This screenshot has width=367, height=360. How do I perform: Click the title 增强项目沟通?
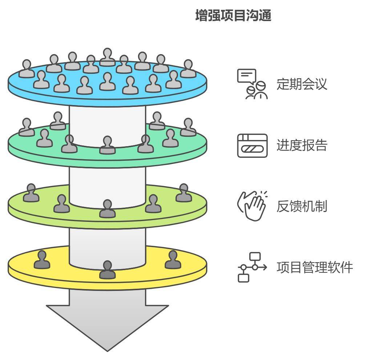pyautogui.click(x=233, y=16)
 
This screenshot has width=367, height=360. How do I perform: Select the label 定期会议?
pyautogui.click(x=302, y=84)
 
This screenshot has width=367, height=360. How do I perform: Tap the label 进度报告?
pyautogui.click(x=302, y=145)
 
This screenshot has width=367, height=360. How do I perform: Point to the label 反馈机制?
pyautogui.click(x=302, y=206)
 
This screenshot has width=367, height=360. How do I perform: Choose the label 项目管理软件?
pyautogui.click(x=314, y=267)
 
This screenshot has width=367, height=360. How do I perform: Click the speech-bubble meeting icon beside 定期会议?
pyautogui.click(x=252, y=84)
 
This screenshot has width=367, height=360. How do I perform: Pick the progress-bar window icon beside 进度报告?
pyautogui.click(x=252, y=145)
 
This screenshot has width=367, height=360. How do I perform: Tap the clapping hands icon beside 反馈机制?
pyautogui.click(x=252, y=205)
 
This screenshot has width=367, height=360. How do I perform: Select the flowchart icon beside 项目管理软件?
pyautogui.click(x=252, y=267)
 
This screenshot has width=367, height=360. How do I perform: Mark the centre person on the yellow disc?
pyautogui.click(x=107, y=270)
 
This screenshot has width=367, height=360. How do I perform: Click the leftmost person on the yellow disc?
pyautogui.click(x=42, y=260)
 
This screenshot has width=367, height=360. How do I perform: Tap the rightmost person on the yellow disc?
pyautogui.click(x=173, y=260)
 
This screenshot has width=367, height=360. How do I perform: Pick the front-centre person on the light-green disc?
pyautogui.click(x=107, y=209)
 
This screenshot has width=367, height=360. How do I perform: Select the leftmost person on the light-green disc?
pyautogui.click(x=31, y=193)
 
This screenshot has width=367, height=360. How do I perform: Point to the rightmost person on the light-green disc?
pyautogui.click(x=183, y=193)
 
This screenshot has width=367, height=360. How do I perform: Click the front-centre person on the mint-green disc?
pyautogui.click(x=108, y=145)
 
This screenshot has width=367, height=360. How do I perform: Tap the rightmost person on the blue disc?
pyautogui.click(x=188, y=69)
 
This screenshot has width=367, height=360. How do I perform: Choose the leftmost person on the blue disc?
pyautogui.click(x=27, y=69)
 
